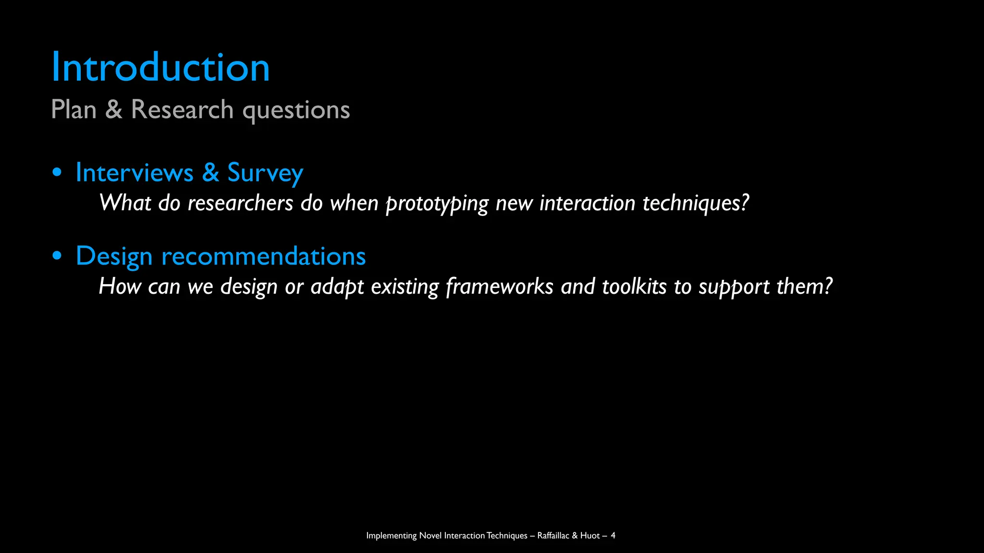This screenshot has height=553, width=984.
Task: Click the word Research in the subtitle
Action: pyautogui.click(x=182, y=109)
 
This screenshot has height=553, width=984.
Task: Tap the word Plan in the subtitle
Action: pyautogui.click(x=74, y=109)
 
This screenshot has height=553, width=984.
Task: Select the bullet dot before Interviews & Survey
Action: pyautogui.click(x=57, y=172)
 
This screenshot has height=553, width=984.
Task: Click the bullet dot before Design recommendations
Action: pyautogui.click(x=57, y=256)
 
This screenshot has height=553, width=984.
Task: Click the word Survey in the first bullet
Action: pyautogui.click(x=265, y=173)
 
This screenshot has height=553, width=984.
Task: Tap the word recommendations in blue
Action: pyautogui.click(x=263, y=256)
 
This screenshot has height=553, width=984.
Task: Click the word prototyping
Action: pyautogui.click(x=437, y=204)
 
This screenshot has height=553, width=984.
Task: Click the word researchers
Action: pyautogui.click(x=240, y=204)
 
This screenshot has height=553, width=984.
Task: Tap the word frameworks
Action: pyautogui.click(x=500, y=287)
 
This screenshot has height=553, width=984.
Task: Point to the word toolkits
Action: pyautogui.click(x=634, y=287)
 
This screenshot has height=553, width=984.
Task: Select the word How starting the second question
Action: pyautogui.click(x=120, y=287)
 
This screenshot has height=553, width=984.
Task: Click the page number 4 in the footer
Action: pyautogui.click(x=613, y=535)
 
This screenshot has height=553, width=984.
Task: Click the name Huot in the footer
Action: pyautogui.click(x=590, y=535)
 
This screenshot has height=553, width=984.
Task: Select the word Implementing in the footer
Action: pyautogui.click(x=391, y=536)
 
